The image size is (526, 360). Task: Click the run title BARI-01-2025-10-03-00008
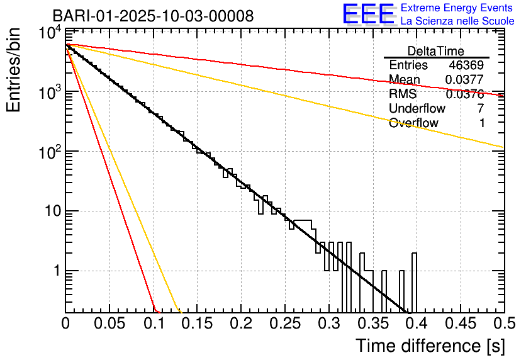coord(154,16)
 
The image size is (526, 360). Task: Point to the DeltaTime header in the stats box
coord(436,51)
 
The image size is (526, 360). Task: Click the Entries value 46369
coord(466,65)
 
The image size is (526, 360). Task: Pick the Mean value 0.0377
coord(464,80)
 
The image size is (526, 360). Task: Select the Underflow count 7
coord(481,108)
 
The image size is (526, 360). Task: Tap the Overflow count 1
coord(481,123)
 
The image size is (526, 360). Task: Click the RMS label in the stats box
coord(403,94)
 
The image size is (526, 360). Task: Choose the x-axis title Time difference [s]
coord(430,346)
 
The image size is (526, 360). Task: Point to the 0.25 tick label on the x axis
coord(285,324)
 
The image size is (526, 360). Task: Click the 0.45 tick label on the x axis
coord(460,324)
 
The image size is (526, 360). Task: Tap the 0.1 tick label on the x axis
coord(154,324)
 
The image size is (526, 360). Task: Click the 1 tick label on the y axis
coord(56,271)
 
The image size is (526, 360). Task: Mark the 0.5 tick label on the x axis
coord(504,324)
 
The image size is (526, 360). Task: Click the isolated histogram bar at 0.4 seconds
coord(415,283)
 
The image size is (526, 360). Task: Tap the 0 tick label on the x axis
coord(66,324)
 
